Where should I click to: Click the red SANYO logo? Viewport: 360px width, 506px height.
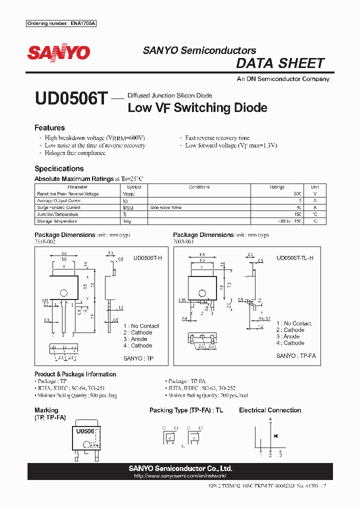coord(58,52)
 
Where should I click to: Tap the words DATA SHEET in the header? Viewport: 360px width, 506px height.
coord(280,63)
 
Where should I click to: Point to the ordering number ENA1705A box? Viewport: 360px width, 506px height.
coord(61,23)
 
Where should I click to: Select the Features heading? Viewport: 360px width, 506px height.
coord(49,128)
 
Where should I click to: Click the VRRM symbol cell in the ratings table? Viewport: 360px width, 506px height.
coord(128,194)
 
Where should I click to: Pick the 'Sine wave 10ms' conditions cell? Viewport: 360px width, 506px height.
coord(165,207)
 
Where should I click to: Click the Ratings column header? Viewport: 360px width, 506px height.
coord(277,187)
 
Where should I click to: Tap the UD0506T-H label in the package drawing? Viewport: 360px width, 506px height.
coord(148,258)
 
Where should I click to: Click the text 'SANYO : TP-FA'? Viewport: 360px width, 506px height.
coord(296,356)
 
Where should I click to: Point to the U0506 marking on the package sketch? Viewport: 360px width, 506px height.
coord(85,430)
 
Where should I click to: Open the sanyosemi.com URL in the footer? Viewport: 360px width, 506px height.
coord(180,476)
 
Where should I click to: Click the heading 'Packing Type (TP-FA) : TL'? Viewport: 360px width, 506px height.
coord(186,410)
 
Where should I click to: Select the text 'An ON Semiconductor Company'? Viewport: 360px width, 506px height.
coord(283,79)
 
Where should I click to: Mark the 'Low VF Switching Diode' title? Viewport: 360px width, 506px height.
coord(197,107)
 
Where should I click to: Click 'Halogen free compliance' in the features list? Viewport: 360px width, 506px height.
coord(75,153)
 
